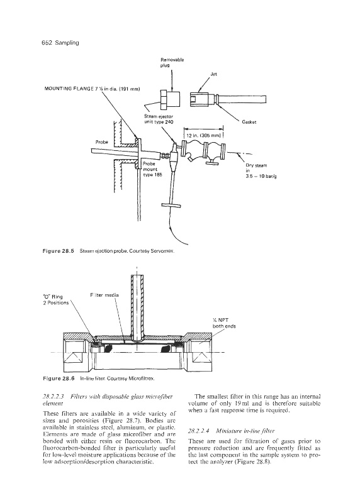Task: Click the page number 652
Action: [x=47, y=43]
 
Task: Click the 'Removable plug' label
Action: [x=172, y=62]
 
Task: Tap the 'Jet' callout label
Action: [x=213, y=74]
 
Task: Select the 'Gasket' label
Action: [x=249, y=122]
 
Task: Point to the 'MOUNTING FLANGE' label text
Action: [x=69, y=89]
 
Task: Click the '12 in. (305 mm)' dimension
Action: [x=203, y=136]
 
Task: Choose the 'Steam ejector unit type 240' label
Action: [x=159, y=119]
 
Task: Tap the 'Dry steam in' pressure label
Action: [x=261, y=171]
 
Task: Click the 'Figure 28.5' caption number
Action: [x=59, y=251]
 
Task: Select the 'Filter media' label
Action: [x=104, y=295]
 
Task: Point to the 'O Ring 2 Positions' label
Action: [x=56, y=300]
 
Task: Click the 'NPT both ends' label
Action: [x=224, y=323]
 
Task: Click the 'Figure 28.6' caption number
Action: [x=59, y=379]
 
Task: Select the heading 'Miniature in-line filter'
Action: [x=245, y=431]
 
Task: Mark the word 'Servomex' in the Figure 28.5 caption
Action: [x=165, y=251]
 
